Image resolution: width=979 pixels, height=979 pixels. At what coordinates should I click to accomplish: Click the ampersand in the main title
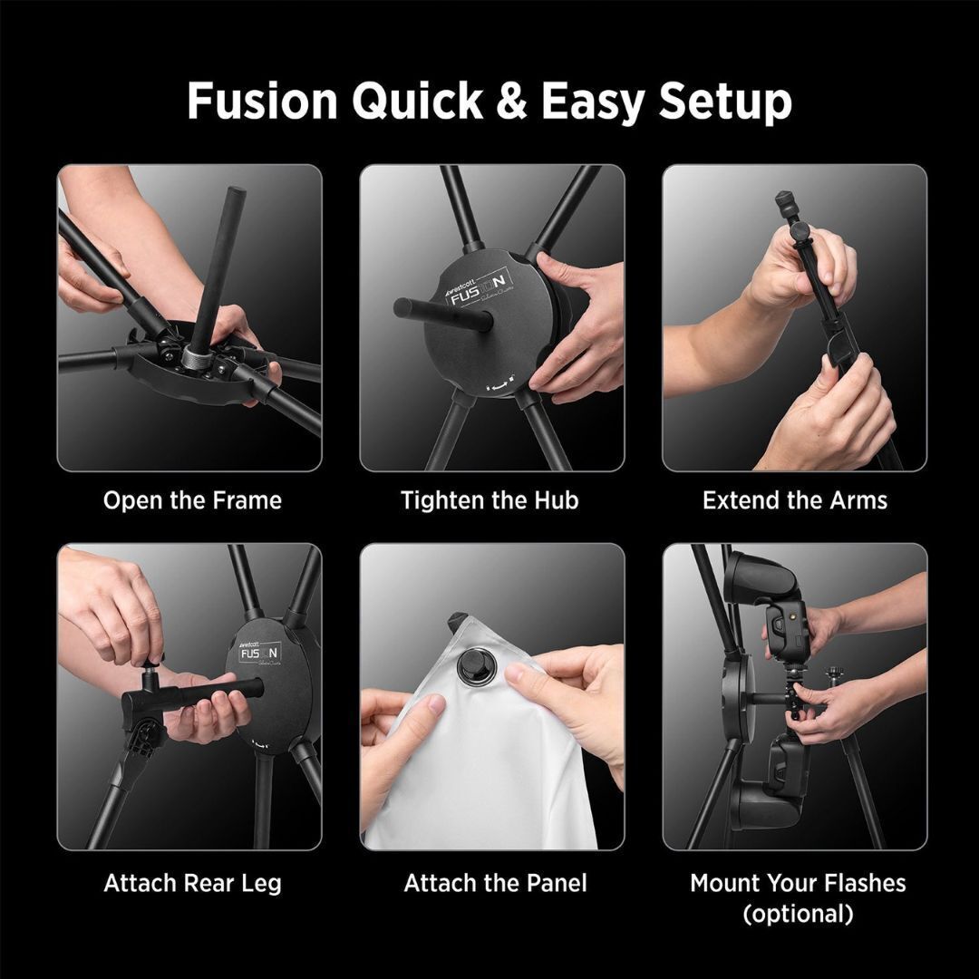pyautogui.click(x=511, y=101)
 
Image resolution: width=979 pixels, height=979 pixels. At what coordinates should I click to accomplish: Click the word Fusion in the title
pyautogui.click(x=262, y=101)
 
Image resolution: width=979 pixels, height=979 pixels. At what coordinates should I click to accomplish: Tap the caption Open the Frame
pyautogui.click(x=192, y=500)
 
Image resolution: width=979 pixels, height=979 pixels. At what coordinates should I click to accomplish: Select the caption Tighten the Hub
pyautogui.click(x=489, y=500)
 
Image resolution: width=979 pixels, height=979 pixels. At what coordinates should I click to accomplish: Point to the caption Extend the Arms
pyautogui.click(x=795, y=500)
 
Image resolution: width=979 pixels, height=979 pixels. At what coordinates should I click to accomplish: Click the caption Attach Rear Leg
pyautogui.click(x=192, y=883)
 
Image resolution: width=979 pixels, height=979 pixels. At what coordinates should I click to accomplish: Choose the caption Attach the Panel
pyautogui.click(x=495, y=883)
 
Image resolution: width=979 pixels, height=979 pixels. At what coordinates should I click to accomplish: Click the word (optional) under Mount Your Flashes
pyautogui.click(x=798, y=914)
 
